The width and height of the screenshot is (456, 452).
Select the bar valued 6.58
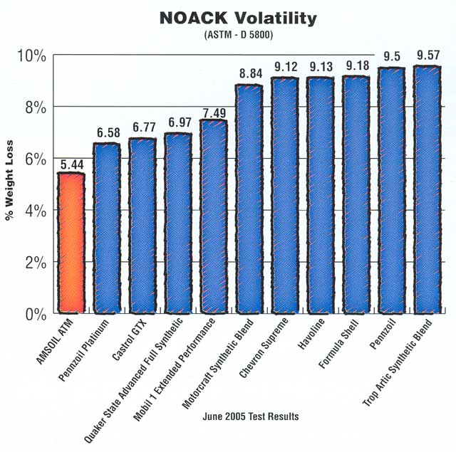point(107,228)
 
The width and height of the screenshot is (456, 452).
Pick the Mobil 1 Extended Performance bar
point(213,216)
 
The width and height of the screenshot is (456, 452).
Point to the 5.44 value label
point(71,164)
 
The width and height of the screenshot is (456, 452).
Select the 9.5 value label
point(391,58)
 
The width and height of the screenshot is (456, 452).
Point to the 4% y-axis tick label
point(36,210)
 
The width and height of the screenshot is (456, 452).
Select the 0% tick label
point(36,313)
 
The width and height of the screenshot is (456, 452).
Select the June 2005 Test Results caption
point(242,416)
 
